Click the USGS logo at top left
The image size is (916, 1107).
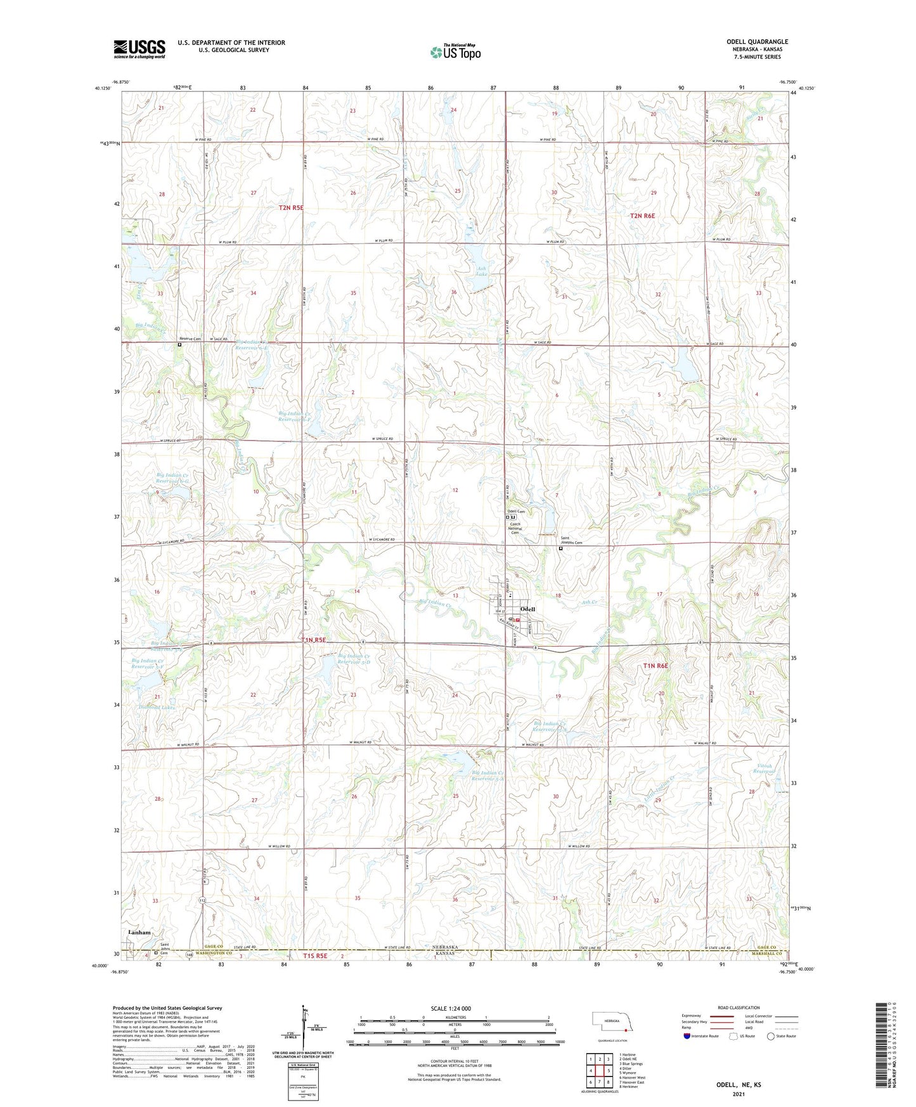coord(139,49)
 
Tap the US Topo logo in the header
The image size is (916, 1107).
coord(455,51)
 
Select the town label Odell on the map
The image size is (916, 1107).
coord(527,609)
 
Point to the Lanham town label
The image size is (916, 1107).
coord(139,933)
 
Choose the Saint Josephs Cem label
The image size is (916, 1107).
coord(570,541)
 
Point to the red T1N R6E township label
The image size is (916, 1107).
coord(655,666)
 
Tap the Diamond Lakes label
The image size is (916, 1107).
coord(157,708)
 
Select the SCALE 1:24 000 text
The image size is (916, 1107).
coord(451,1009)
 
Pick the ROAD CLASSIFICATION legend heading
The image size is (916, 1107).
coord(739,1007)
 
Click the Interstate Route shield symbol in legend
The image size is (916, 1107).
coord(687,1035)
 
